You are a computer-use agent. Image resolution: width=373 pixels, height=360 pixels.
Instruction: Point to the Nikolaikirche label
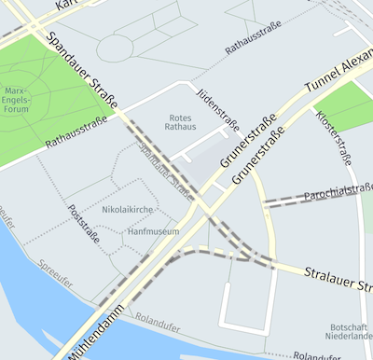click(128, 210)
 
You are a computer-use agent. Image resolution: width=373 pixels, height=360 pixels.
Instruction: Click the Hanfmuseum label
click(153, 230)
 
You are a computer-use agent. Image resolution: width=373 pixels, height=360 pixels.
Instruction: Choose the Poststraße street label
click(85, 223)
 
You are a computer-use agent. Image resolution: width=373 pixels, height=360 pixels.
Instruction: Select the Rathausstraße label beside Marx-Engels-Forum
click(76, 134)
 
